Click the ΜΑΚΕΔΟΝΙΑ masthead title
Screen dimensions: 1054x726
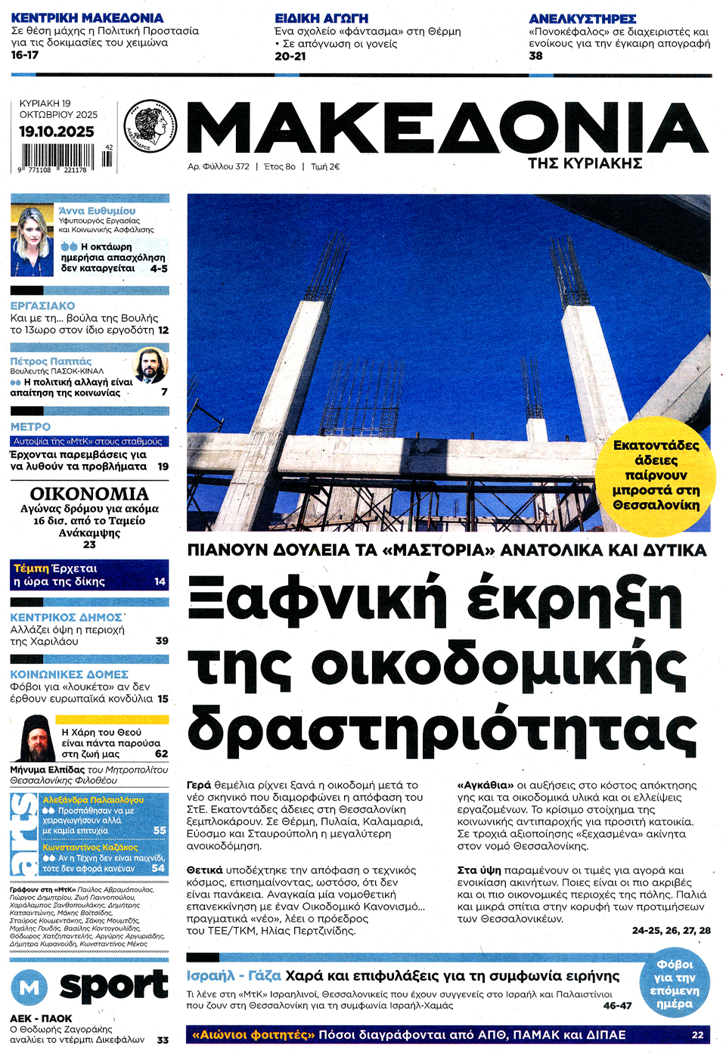click(x=446, y=129)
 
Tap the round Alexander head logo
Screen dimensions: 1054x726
click(x=150, y=126)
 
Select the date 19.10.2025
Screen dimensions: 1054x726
click(x=57, y=132)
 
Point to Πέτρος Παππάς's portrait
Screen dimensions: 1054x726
click(x=150, y=365)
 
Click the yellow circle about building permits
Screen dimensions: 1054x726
click(x=656, y=475)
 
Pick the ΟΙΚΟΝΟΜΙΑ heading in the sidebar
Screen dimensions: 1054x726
click(x=89, y=494)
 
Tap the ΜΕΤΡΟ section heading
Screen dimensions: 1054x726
click(x=31, y=427)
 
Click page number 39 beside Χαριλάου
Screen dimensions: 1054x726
click(x=162, y=640)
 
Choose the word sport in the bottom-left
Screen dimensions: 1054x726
click(x=113, y=985)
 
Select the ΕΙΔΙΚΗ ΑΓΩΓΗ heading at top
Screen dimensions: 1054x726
click(x=321, y=18)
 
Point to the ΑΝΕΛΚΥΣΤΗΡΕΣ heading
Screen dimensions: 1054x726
click(x=582, y=18)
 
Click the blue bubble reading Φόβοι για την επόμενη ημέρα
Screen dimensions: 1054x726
click(x=674, y=984)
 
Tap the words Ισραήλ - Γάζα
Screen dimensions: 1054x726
click(x=234, y=976)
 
